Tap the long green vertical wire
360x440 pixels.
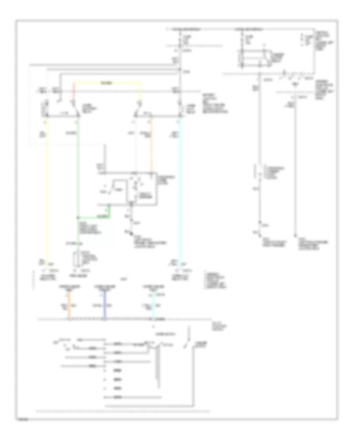click(78, 168)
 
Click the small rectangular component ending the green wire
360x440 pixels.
click(79, 259)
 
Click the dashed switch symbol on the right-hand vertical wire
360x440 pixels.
click(260, 172)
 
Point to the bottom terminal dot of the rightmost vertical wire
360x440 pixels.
click(295, 235)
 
